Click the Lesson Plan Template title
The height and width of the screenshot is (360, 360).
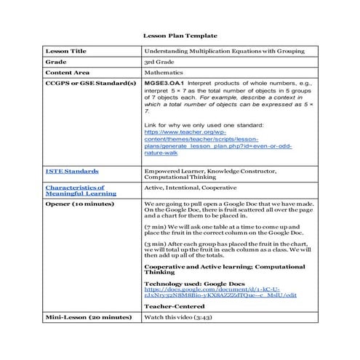[179, 35]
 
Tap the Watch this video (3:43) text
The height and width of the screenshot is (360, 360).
[177, 318]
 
